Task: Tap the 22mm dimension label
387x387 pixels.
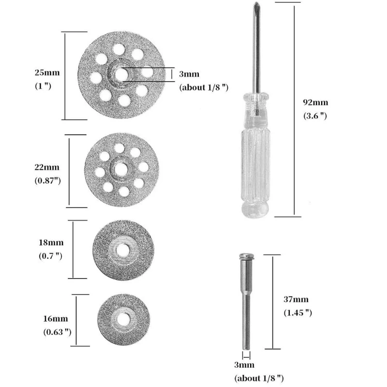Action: point(47,167)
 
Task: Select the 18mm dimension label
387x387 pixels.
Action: point(51,243)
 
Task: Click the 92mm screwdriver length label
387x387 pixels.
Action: point(315,103)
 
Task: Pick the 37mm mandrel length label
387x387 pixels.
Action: point(295,300)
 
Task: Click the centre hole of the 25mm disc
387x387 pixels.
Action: point(122,74)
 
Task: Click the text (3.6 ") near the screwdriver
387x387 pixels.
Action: point(315,116)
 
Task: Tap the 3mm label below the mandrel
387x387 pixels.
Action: point(244,364)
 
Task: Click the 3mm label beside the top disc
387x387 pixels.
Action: point(189,74)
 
